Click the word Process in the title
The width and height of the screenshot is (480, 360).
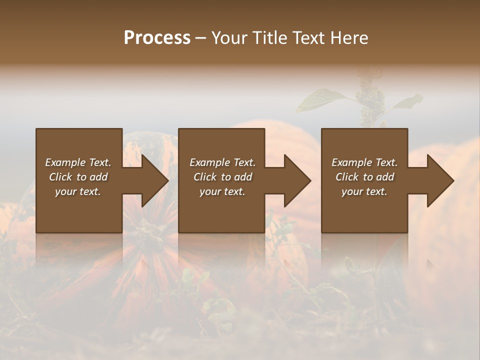click(157, 38)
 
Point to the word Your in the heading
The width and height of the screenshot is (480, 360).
click(230, 38)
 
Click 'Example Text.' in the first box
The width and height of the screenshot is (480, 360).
click(78, 162)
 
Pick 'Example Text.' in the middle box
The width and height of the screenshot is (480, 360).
click(222, 162)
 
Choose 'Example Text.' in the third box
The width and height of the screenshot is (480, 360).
click(364, 162)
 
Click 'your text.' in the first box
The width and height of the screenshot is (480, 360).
click(78, 191)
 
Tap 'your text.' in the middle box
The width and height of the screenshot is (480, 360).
click(222, 191)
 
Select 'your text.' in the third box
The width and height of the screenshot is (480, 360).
click(364, 191)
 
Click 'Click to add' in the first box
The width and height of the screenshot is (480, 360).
click(78, 177)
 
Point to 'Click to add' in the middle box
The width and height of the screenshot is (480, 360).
click(222, 177)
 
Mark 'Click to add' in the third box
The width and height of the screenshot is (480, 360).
click(364, 177)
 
